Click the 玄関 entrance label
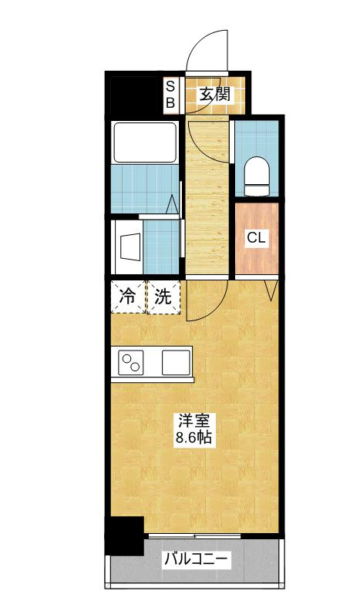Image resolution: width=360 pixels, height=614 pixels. click(216, 95)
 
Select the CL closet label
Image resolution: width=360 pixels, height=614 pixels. click(256, 238)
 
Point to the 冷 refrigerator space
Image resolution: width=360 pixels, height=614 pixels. click(126, 296)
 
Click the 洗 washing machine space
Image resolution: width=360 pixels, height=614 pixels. click(163, 296)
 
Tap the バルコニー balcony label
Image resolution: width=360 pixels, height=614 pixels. click(195, 560)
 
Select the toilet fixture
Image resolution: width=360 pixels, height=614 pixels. click(255, 175)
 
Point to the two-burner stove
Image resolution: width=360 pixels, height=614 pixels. click(133, 361)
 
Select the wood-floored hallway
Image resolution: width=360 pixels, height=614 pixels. click(208, 200)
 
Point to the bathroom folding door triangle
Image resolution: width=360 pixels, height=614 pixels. click(173, 205)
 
